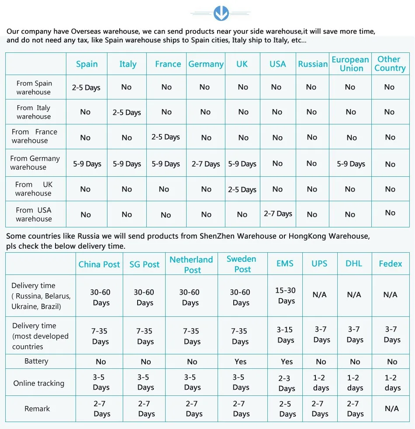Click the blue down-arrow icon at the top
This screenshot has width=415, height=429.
[221, 13]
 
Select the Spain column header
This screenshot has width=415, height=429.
[86, 64]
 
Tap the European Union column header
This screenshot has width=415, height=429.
[350, 64]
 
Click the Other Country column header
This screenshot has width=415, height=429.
[389, 64]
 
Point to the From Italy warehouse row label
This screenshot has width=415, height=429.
[34, 112]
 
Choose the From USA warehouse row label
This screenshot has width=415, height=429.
[34, 214]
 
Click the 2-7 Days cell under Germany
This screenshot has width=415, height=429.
[206, 164]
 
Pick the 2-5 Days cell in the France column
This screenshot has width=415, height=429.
[166, 137]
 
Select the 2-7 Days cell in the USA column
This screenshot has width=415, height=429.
[278, 214]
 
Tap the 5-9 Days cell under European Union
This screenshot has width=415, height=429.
[351, 164]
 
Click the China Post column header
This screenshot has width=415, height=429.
[99, 264]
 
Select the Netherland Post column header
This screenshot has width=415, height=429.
[191, 264]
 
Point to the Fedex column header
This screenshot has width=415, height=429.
[391, 264]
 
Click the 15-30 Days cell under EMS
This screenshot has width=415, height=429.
[286, 295]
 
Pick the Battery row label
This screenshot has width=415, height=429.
[36, 361]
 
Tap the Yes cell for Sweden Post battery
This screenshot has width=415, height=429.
[240, 361]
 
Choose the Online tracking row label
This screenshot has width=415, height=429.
[38, 383]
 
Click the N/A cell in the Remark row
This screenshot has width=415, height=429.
[391, 408]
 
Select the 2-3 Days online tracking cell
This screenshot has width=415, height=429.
[287, 383]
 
